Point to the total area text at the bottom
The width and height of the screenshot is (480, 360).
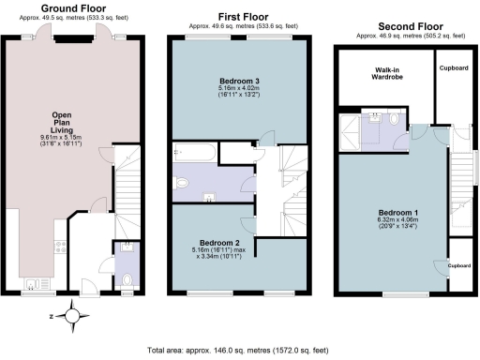point(238,351)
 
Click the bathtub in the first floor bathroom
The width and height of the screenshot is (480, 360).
point(195,152)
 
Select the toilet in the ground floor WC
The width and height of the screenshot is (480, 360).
point(127,278)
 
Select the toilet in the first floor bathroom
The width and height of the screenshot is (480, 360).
point(183,183)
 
